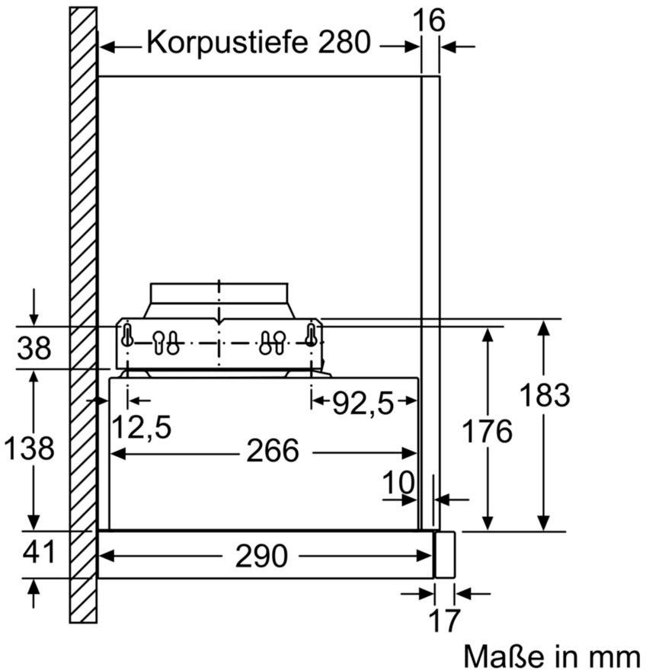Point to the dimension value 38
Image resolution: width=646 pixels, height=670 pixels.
(34, 349)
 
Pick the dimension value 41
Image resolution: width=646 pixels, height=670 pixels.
(38, 553)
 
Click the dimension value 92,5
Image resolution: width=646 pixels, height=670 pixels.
(363, 404)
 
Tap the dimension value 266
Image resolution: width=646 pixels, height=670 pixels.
(273, 451)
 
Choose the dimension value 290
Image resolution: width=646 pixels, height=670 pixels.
(261, 556)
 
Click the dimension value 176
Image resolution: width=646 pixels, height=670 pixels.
(488, 431)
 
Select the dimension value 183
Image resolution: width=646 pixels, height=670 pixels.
(544, 394)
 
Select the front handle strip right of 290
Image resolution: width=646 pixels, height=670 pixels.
(444, 554)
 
